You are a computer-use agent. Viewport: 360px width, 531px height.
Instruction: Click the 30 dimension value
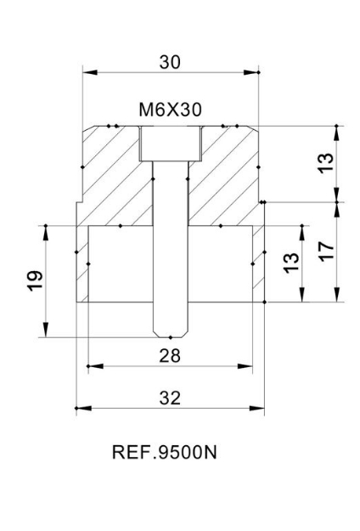click(x=170, y=61)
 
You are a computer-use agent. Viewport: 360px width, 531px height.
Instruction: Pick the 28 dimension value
click(x=171, y=355)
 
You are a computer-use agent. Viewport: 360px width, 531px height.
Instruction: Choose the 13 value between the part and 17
click(x=290, y=263)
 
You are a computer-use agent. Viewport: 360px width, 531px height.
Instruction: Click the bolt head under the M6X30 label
click(x=170, y=144)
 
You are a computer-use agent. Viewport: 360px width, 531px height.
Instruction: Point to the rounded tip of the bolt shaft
click(x=170, y=330)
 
